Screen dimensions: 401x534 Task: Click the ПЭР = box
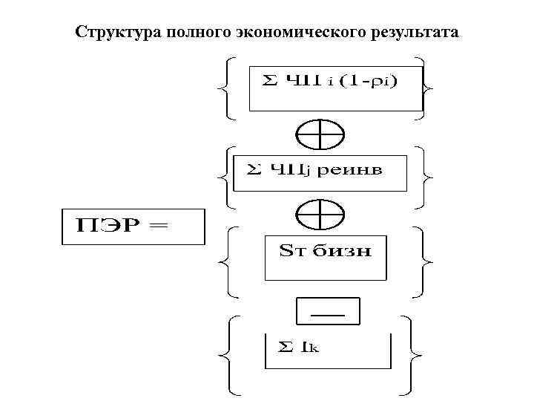[132, 226]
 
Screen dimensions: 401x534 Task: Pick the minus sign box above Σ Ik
[327, 312]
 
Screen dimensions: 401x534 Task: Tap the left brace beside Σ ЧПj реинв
[226, 177]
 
